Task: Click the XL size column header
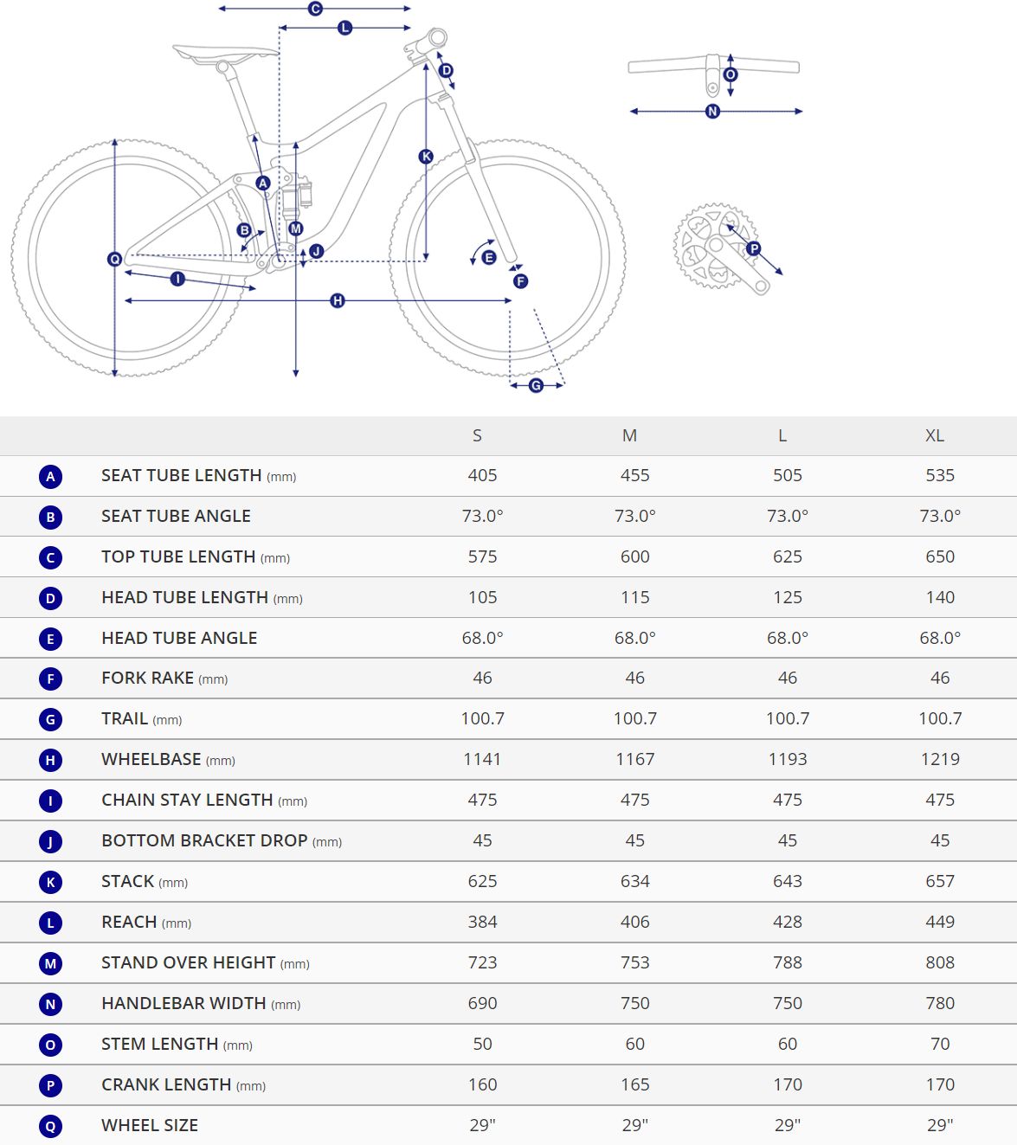(x=934, y=435)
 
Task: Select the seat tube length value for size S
(x=482, y=475)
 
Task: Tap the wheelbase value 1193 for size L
(x=787, y=759)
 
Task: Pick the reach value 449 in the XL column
(x=939, y=922)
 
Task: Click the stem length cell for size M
(x=634, y=1044)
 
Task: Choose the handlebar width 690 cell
(x=482, y=1003)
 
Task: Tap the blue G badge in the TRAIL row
(x=50, y=719)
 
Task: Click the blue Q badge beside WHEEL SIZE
(x=50, y=1126)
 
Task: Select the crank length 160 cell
(x=482, y=1084)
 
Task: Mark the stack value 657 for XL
(x=939, y=881)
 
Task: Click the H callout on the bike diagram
(x=338, y=300)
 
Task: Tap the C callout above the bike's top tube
(x=315, y=9)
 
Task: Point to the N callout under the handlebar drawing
(x=712, y=111)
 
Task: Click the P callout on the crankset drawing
(x=753, y=248)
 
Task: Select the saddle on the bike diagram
(x=224, y=54)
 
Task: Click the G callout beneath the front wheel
(x=536, y=385)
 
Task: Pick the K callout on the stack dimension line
(x=426, y=157)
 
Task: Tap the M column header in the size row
(x=629, y=435)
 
